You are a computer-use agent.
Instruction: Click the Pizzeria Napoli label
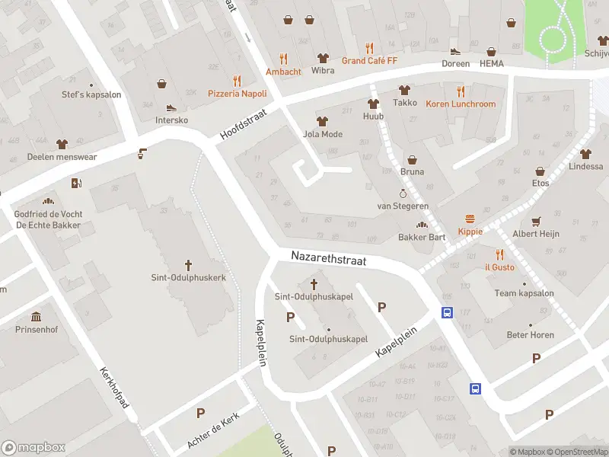pos(237,93)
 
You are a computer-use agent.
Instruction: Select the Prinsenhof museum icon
pos(36,316)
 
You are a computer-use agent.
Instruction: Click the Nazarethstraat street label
pos(328,260)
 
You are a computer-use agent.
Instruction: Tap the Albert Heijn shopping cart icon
pos(536,221)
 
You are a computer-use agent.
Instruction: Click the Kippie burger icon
pos(470,219)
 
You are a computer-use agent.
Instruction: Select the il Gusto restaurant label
pos(499,267)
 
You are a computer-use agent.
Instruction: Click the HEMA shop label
pos(492,63)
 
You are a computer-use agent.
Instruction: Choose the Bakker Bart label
pos(422,237)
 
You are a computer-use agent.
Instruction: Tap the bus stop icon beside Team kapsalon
pos(447,312)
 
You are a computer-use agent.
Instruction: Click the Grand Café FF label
pos(369,60)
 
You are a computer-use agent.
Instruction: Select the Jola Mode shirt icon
pos(322,121)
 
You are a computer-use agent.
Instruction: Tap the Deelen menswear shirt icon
pos(62,143)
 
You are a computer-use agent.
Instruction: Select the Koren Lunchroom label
pos(461,104)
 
